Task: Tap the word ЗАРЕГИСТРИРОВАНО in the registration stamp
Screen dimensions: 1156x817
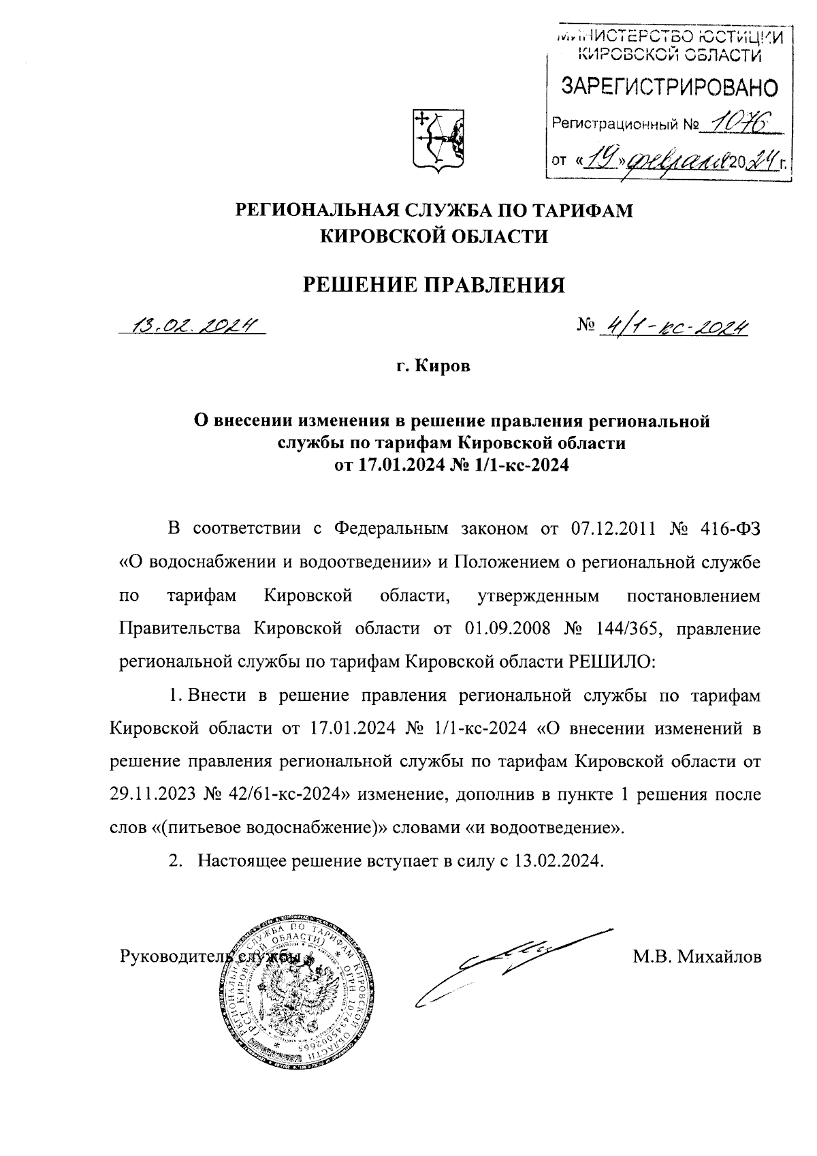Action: tap(668, 87)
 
